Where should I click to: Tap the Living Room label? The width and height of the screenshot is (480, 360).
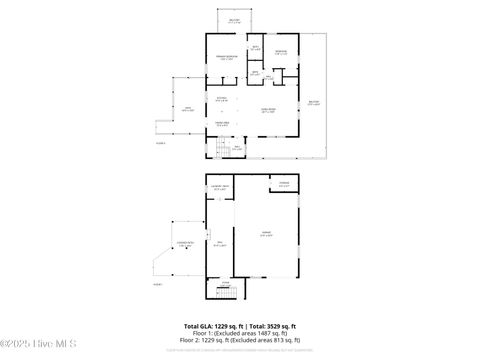tap(269, 111)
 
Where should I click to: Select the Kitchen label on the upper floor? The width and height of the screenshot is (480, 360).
tap(223, 98)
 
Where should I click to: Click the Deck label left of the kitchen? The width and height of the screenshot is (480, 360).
tap(186, 110)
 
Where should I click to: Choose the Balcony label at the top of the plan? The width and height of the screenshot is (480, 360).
tap(234, 19)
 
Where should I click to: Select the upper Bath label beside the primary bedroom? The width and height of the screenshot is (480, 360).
tap(256, 48)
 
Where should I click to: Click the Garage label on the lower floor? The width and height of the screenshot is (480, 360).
tap(266, 235)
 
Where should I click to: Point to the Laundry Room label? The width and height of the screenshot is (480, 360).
tap(221, 187)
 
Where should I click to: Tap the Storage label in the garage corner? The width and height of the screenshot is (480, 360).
tap(285, 183)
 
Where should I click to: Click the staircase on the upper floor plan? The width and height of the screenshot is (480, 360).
tap(224, 149)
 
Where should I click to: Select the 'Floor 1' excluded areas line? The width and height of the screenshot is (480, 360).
tap(240, 334)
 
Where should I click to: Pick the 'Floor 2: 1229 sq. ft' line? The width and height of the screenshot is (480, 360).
tap(240, 341)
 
